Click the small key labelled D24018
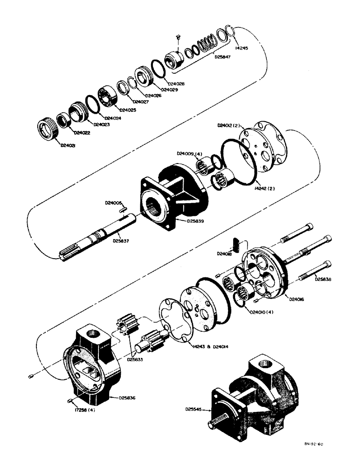[x=236, y=243]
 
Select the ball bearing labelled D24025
[x=107, y=96]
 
